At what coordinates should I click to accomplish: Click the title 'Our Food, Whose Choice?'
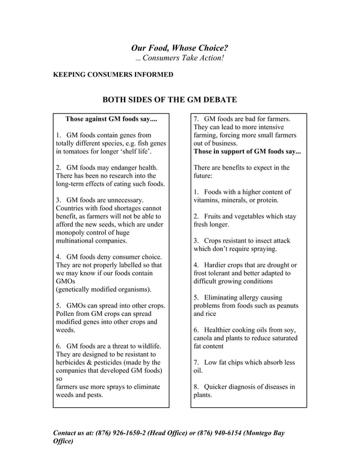(x=179, y=49)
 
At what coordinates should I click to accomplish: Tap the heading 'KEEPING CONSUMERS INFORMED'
(x=113, y=75)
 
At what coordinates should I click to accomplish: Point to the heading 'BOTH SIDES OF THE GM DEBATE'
(x=169, y=100)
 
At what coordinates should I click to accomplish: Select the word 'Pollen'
(x=67, y=314)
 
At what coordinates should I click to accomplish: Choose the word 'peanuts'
(x=285, y=306)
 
